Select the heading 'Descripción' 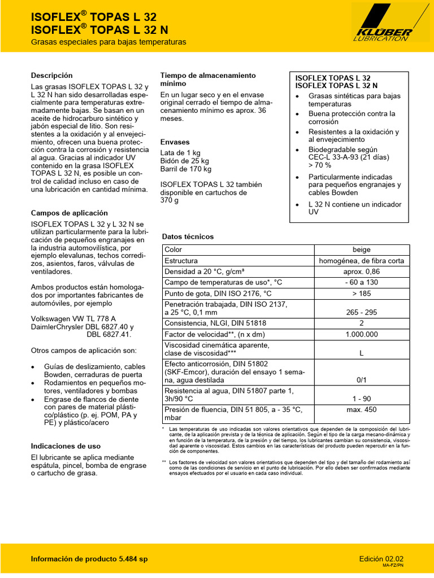(x=51, y=75)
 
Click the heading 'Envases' (x=175, y=142)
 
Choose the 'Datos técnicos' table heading (x=188, y=237)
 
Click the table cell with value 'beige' (x=361, y=249)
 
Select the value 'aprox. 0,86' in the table (x=361, y=272)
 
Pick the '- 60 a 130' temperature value (x=361, y=282)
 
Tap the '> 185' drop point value (x=361, y=294)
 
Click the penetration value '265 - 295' (x=361, y=312)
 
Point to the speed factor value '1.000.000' (x=361, y=334)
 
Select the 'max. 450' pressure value (x=361, y=410)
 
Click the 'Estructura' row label (x=181, y=261)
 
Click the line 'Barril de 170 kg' (x=186, y=169)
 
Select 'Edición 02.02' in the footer (x=381, y=558)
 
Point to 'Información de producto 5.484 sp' (x=89, y=559)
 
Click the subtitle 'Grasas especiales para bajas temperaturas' (x=108, y=42)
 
